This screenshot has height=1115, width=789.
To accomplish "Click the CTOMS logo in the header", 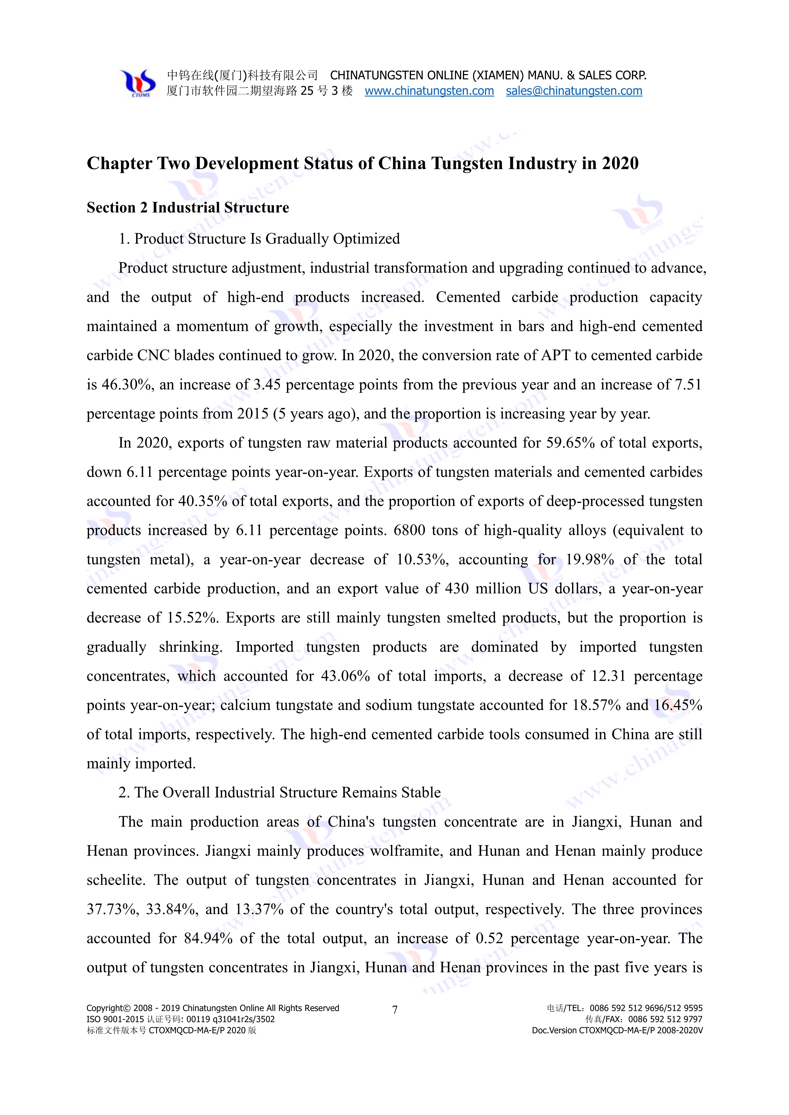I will (139, 83).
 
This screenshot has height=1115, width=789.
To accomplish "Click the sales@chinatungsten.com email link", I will (574, 91).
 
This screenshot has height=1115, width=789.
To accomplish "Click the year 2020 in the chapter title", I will (620, 164).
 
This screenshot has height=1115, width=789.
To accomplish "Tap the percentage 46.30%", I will (127, 385).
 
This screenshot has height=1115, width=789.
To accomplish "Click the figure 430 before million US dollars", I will (457, 588).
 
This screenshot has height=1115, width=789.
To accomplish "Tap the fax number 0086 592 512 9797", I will (665, 1019).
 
